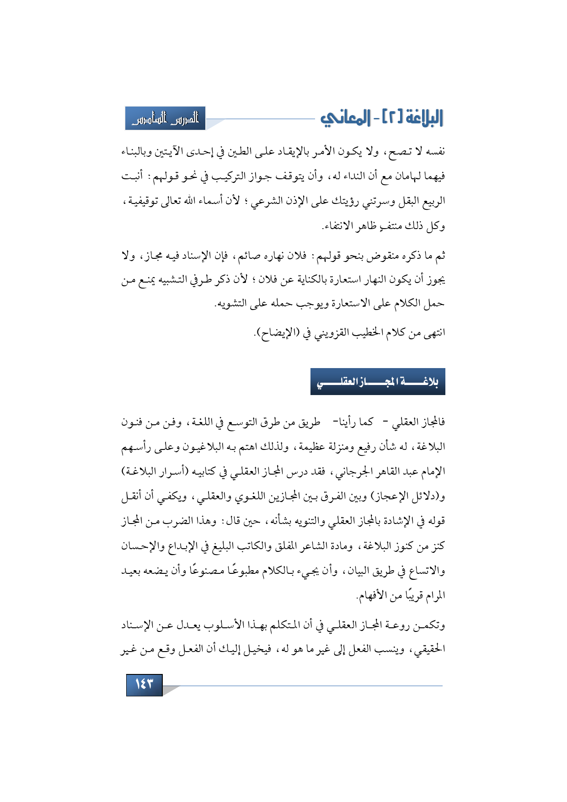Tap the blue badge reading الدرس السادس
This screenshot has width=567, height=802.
(x=165, y=118)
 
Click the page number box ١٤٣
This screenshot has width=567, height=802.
(x=144, y=684)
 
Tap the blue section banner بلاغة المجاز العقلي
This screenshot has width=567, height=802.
(x=378, y=381)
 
